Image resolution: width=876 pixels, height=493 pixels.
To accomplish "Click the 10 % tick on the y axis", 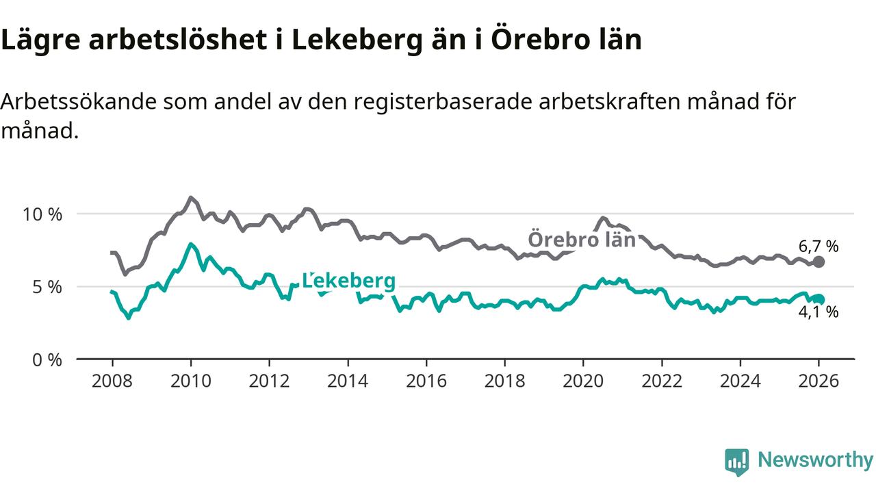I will (x=42, y=214).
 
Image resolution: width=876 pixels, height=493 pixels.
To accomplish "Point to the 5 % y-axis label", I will (x=47, y=286).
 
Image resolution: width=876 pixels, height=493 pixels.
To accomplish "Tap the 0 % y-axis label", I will (x=47, y=359).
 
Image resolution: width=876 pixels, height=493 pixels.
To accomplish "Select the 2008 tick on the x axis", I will (x=112, y=381).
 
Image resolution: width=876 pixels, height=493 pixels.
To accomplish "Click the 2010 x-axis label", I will (x=190, y=381).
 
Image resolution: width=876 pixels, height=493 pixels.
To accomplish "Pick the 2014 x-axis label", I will (x=348, y=381).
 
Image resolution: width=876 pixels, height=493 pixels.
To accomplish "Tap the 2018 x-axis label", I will (x=505, y=381).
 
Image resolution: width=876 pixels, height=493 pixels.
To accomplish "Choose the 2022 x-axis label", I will (x=662, y=381).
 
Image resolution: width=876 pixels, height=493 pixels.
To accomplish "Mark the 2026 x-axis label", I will (x=819, y=381).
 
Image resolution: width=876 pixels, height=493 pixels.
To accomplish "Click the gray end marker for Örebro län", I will (x=819, y=262).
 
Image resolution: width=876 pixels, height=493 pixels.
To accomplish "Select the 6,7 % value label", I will (x=819, y=246).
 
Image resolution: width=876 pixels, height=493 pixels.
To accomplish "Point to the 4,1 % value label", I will (x=819, y=312).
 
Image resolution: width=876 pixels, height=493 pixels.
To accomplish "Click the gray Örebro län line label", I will (x=582, y=240).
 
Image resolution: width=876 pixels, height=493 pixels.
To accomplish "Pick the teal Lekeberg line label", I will (x=349, y=281).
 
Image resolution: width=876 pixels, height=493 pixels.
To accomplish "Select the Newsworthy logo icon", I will (x=737, y=462).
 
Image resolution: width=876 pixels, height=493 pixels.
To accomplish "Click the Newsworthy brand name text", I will (x=815, y=460).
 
